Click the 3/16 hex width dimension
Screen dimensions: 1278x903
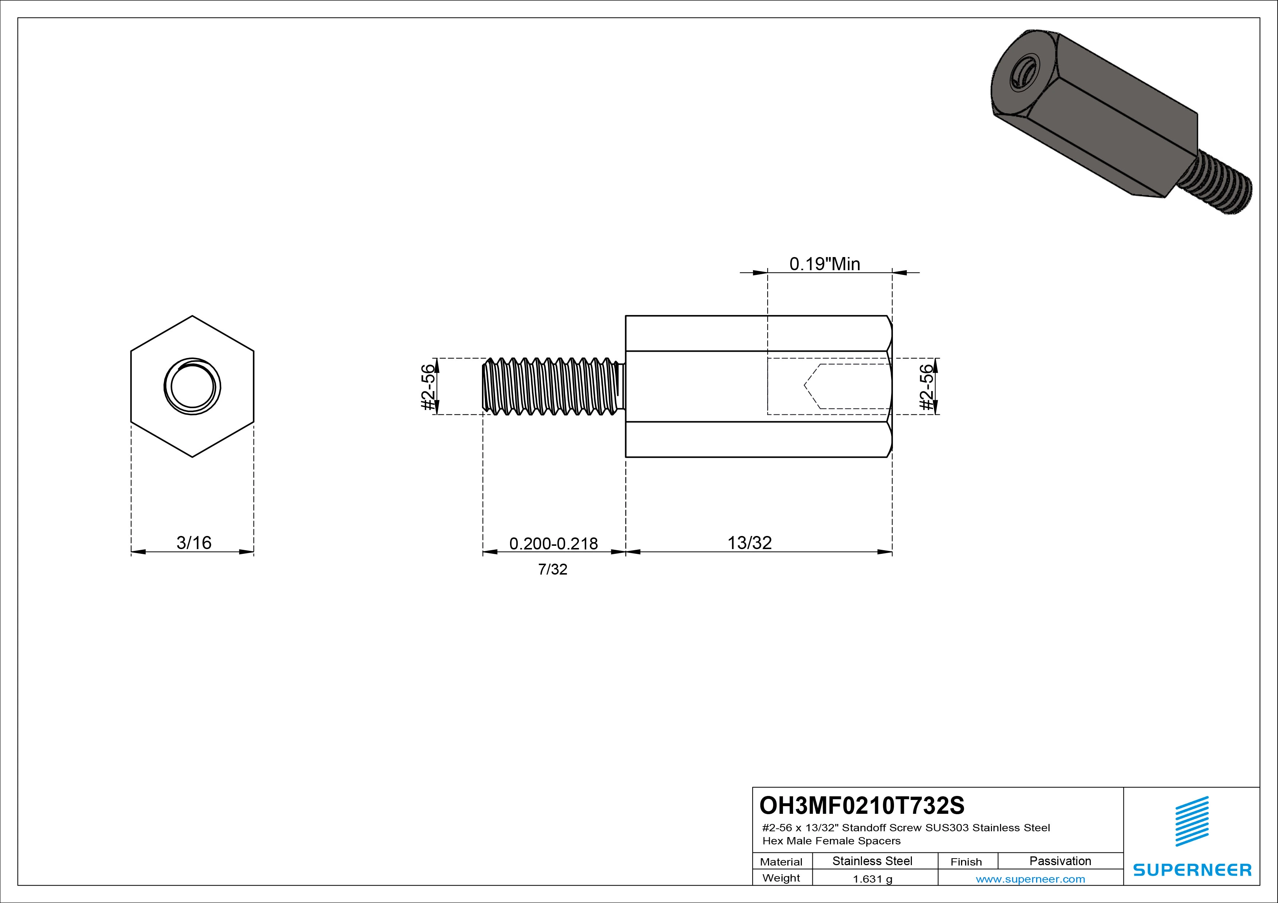(x=194, y=543)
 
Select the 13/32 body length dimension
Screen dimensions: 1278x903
(x=750, y=543)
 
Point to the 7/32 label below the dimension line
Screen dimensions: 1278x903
(x=553, y=569)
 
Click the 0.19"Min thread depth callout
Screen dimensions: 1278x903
(x=825, y=264)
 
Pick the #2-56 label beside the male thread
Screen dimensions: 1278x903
(x=427, y=387)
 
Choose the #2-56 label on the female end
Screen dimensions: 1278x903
(x=926, y=387)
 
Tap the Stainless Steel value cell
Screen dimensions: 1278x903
(x=872, y=861)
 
